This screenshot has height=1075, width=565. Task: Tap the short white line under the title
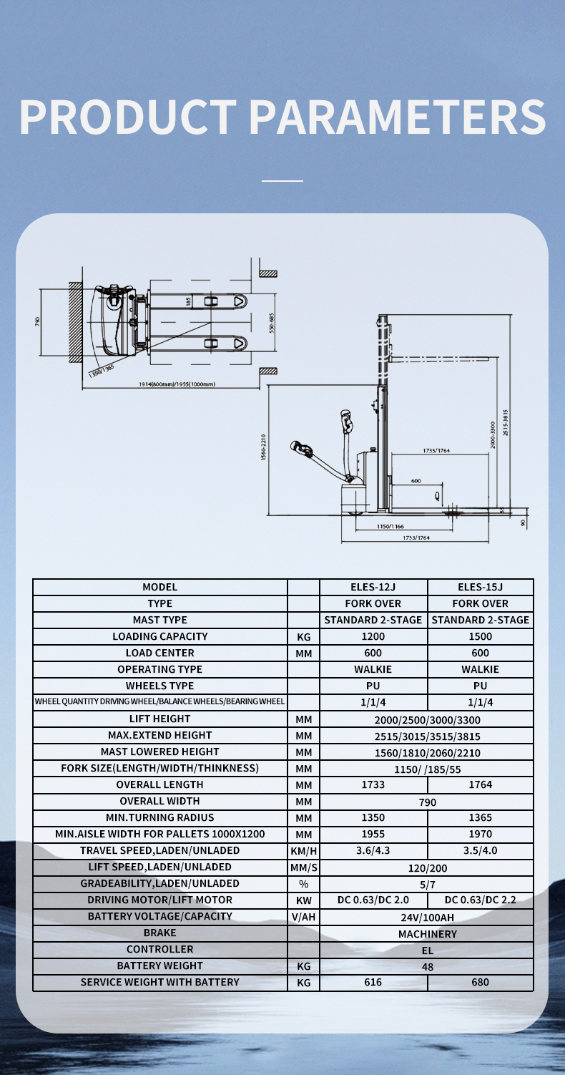coord(282,181)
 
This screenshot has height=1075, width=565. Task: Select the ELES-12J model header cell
coord(373,587)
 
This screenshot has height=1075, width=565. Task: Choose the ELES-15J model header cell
coord(480,587)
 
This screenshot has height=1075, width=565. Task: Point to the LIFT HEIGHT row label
coord(159,719)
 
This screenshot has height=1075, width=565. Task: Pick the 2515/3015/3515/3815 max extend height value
coord(427,736)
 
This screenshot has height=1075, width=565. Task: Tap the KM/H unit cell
coord(303,851)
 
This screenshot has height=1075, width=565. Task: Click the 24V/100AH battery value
coord(427,917)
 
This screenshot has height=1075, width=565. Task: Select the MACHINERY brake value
coord(427,934)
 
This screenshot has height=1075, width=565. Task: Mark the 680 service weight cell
coord(480,983)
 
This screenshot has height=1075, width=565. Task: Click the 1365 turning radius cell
coord(480,817)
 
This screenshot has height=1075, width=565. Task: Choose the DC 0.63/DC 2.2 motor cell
coord(480,900)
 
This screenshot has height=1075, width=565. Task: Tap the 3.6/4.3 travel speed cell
coord(373,851)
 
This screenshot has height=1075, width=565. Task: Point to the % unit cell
coord(303,884)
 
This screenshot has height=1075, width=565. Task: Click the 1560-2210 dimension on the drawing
coord(264,447)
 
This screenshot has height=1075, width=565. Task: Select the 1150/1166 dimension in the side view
coord(390,526)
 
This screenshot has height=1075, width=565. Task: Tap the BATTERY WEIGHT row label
coord(159,965)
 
